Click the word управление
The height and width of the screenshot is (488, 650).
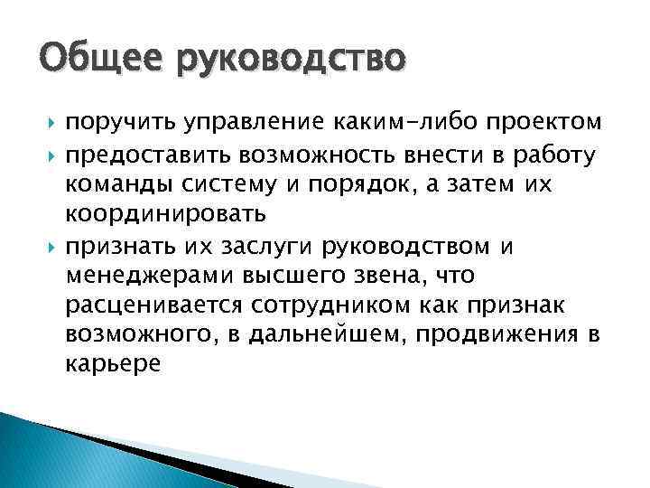coord(246,122)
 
